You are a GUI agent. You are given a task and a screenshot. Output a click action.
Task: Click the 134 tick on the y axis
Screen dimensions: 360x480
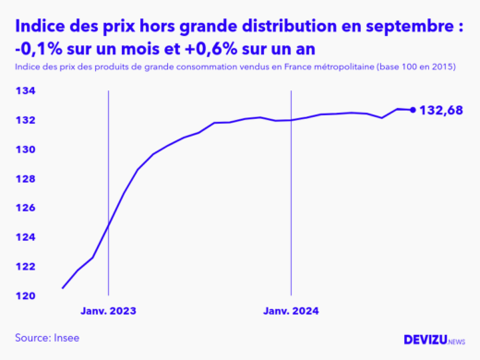tap(25, 90)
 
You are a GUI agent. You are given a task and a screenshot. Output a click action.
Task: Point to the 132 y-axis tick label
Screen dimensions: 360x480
tap(25, 120)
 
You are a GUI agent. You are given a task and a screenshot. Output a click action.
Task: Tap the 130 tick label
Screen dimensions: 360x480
tap(25, 150)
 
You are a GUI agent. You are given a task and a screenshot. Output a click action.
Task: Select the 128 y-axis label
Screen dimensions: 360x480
tap(25, 178)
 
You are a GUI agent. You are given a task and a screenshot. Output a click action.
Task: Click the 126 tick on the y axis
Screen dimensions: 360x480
tap(25, 208)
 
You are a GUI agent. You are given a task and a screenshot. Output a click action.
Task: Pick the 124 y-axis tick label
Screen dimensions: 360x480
tap(25, 237)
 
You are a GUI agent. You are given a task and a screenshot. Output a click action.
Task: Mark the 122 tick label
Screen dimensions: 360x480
tap(25, 267)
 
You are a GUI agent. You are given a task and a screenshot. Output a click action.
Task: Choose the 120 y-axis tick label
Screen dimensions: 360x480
tap(25, 295)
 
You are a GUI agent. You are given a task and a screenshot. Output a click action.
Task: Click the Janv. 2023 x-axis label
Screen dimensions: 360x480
tap(109, 311)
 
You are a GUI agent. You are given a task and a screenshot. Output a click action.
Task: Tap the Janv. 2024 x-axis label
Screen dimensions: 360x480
tap(291, 311)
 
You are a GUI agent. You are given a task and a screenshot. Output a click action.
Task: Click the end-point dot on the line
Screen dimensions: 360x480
tap(413, 110)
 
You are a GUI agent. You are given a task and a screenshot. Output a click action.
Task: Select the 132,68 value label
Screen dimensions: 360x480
tap(441, 111)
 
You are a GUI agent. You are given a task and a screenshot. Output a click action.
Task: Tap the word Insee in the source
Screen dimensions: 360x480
tap(66, 338)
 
